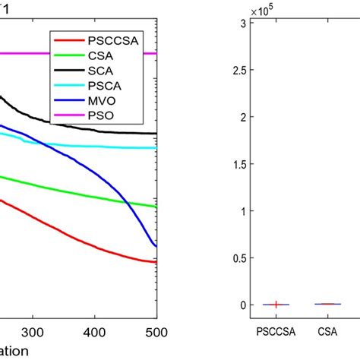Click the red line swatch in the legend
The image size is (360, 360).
click(65, 42)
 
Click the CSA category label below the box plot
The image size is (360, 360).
click(328, 332)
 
